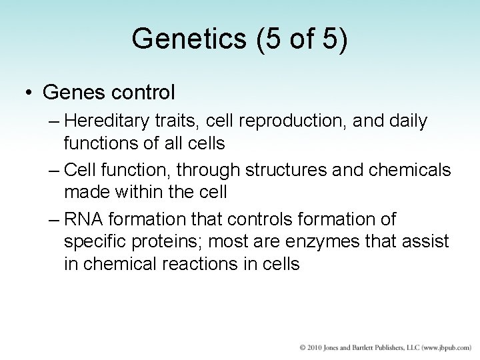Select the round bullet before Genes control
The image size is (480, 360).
29,93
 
